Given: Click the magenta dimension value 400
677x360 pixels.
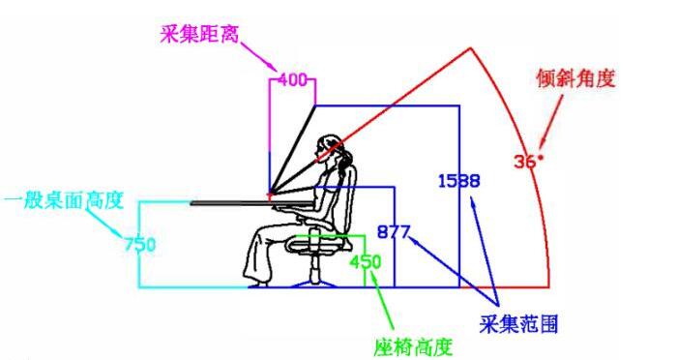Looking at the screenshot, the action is [292, 80].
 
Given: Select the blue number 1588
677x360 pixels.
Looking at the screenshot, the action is [458, 180].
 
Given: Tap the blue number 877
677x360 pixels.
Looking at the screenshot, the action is [395, 232].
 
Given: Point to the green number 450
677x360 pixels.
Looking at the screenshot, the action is [366, 261].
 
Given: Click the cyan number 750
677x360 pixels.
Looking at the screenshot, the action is [140, 244].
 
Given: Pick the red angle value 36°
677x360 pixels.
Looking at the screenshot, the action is [528, 161].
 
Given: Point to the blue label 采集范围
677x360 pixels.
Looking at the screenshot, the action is [518, 321].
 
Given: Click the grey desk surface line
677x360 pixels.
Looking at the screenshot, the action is [232, 202].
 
